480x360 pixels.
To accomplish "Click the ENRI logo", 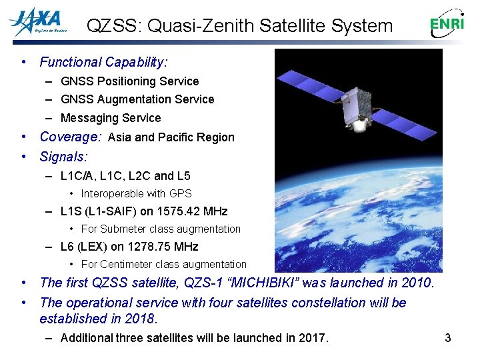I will (447, 25).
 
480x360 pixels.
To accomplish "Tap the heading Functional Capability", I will (103, 62).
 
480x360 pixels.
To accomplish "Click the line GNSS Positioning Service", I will (129, 81).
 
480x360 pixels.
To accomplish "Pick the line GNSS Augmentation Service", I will (137, 99).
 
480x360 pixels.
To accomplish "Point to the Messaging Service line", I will (111, 118).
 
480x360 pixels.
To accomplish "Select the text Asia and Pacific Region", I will (171, 137).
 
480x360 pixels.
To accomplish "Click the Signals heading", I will (63, 157).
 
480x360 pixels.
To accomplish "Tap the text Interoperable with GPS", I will (136, 193).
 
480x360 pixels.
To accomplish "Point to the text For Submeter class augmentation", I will (161, 229).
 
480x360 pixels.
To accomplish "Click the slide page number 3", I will (448, 338).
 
